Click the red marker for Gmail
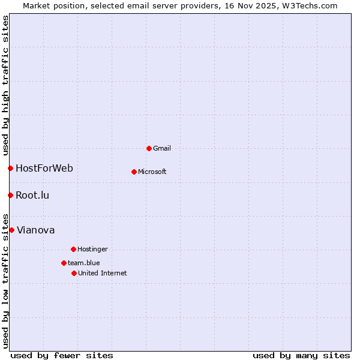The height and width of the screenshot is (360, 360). pyautogui.click(x=149, y=148)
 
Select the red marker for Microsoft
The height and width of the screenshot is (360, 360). pyautogui.click(x=134, y=172)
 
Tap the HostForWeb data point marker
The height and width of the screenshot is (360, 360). pyautogui.click(x=10, y=168)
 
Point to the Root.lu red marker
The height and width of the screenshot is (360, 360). pyautogui.click(x=10, y=195)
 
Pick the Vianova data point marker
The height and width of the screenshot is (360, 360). pyautogui.click(x=11, y=230)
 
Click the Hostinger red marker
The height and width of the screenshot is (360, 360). pyautogui.click(x=73, y=249)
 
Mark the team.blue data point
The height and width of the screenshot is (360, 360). pyautogui.click(x=64, y=263)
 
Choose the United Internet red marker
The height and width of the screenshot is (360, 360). pyautogui.click(x=74, y=273)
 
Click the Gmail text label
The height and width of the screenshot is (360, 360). pyautogui.click(x=162, y=148)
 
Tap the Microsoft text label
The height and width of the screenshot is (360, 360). pyautogui.click(x=152, y=172)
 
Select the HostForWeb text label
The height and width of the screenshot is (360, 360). pyautogui.click(x=44, y=168)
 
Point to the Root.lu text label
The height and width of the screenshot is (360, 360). pyautogui.click(x=32, y=195)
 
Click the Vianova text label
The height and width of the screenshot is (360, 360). pyautogui.click(x=36, y=230)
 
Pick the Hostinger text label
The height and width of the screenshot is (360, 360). pyautogui.click(x=92, y=249)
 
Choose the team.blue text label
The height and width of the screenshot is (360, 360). pyautogui.click(x=84, y=263)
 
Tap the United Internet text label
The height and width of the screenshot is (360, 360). pyautogui.click(x=103, y=273)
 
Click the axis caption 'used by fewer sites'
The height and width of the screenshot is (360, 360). pyautogui.click(x=62, y=355)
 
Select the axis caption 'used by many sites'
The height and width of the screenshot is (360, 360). pyautogui.click(x=301, y=355)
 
